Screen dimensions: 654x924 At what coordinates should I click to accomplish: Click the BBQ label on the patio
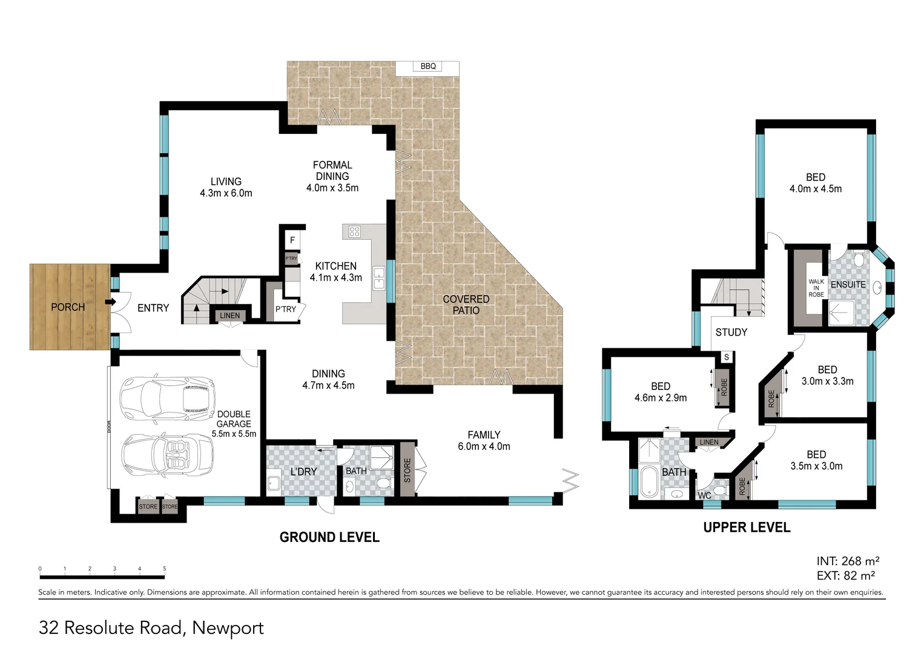[x=428, y=66]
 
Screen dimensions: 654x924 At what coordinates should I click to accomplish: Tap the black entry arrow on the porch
[x=111, y=302]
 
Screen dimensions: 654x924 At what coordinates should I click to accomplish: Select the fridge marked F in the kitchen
[x=292, y=240]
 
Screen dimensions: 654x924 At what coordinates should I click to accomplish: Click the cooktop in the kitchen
[x=354, y=231]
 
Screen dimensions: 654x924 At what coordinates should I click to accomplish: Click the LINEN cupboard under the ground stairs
[x=229, y=315]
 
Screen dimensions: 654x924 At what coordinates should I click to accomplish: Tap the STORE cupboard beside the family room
[x=408, y=470]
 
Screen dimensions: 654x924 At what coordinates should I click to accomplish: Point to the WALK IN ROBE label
[x=816, y=288]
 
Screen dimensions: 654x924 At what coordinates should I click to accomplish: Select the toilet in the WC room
[x=721, y=489]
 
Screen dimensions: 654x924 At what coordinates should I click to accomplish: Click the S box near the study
[x=727, y=357]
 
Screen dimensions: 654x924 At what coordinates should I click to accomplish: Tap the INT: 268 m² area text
[x=847, y=561]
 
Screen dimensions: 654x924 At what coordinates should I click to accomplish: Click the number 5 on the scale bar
[x=165, y=569]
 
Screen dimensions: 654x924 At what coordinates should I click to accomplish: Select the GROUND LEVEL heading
[x=329, y=537]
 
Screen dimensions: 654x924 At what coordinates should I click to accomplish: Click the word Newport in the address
[x=228, y=628]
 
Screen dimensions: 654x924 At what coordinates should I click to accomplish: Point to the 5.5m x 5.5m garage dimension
[x=234, y=434]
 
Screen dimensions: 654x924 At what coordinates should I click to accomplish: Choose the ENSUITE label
[x=848, y=285]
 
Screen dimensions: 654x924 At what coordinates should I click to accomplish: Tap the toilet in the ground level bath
[x=383, y=483]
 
